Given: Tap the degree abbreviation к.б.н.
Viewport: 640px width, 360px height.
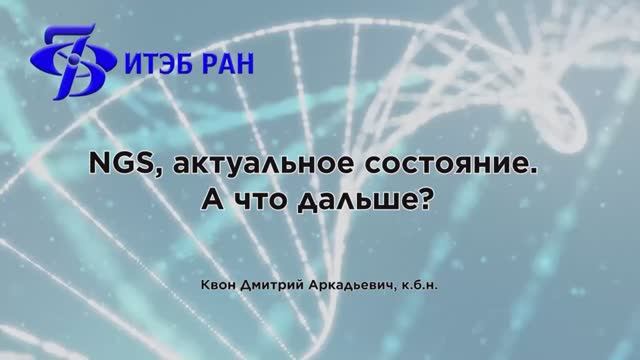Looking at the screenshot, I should pyautogui.click(x=418, y=283).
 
